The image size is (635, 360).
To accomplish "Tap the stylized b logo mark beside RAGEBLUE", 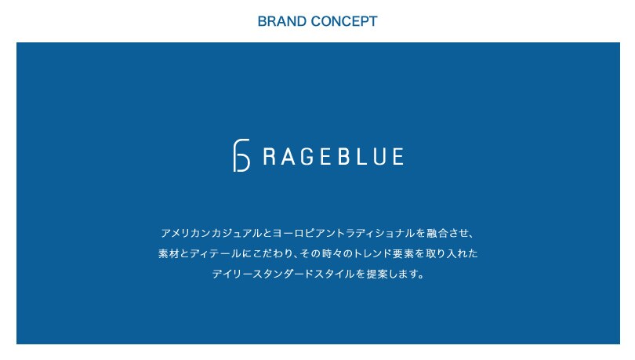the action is click(241, 155).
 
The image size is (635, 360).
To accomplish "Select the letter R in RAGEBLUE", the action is click(270, 156).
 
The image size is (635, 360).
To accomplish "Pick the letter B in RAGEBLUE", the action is click(344, 156).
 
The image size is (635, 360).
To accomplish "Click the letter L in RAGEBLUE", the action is click(361, 156).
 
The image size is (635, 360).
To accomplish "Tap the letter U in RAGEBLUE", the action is click(380, 156).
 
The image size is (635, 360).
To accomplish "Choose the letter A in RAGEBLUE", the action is click(288, 156).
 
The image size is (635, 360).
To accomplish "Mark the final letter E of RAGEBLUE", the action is click(398, 156).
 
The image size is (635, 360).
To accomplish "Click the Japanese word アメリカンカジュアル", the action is click(212, 233).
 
